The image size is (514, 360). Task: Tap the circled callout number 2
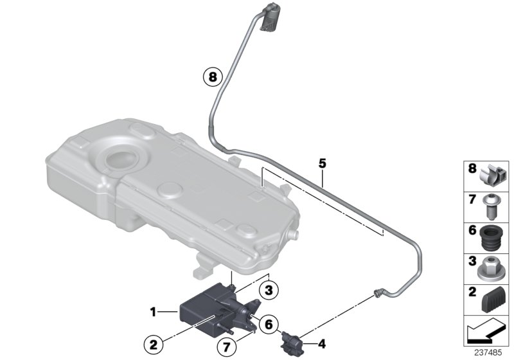coord(153,345)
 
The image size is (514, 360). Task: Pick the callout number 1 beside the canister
coord(152,312)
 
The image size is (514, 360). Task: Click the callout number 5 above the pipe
coord(323,164)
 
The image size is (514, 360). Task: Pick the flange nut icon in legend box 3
coord(492,267)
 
